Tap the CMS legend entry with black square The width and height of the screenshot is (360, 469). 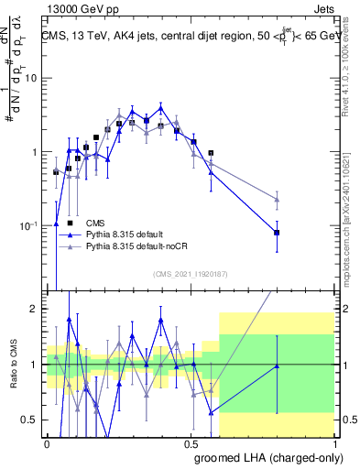(95, 223)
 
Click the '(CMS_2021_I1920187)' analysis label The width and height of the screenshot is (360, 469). (191, 274)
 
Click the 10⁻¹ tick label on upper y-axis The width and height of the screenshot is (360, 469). (29, 226)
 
